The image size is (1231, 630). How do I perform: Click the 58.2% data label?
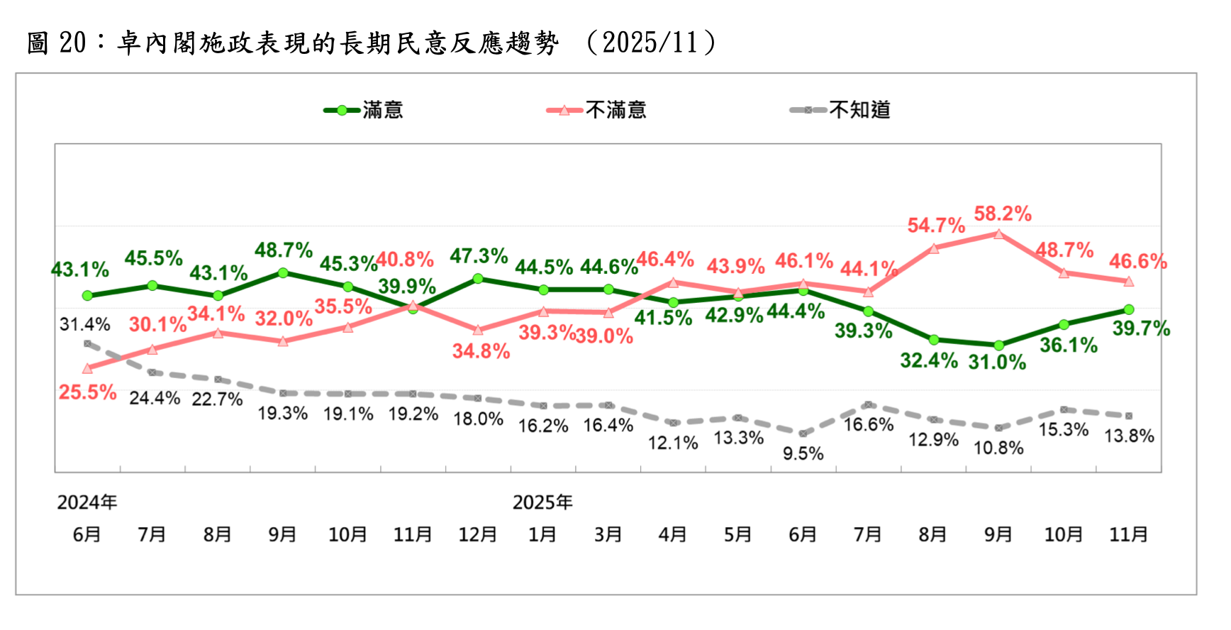coord(1003,214)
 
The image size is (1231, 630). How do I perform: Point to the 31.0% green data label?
coord(997,363)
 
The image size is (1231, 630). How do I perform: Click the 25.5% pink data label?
coord(87,392)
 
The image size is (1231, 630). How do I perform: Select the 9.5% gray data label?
coord(803,453)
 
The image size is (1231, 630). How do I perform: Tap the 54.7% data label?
coord(936,226)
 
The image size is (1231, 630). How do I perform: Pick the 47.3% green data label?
coord(479,256)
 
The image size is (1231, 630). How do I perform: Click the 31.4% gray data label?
coord(85,325)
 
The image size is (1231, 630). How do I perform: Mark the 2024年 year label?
coord(87,502)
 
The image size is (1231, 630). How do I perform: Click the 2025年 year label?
coord(542,502)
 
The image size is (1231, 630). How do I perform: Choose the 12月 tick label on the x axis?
coord(477,534)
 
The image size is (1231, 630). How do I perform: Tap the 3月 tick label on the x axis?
coord(608,534)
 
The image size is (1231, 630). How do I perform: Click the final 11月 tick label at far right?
coord(1128,534)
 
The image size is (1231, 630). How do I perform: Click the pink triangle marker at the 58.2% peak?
coord(998,233)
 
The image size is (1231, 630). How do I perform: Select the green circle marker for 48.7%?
coord(283,272)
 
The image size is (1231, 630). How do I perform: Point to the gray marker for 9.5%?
coord(803,433)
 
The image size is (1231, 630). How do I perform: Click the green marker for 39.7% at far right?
coord(1129,309)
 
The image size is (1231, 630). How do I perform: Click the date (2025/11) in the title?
coord(650,43)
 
